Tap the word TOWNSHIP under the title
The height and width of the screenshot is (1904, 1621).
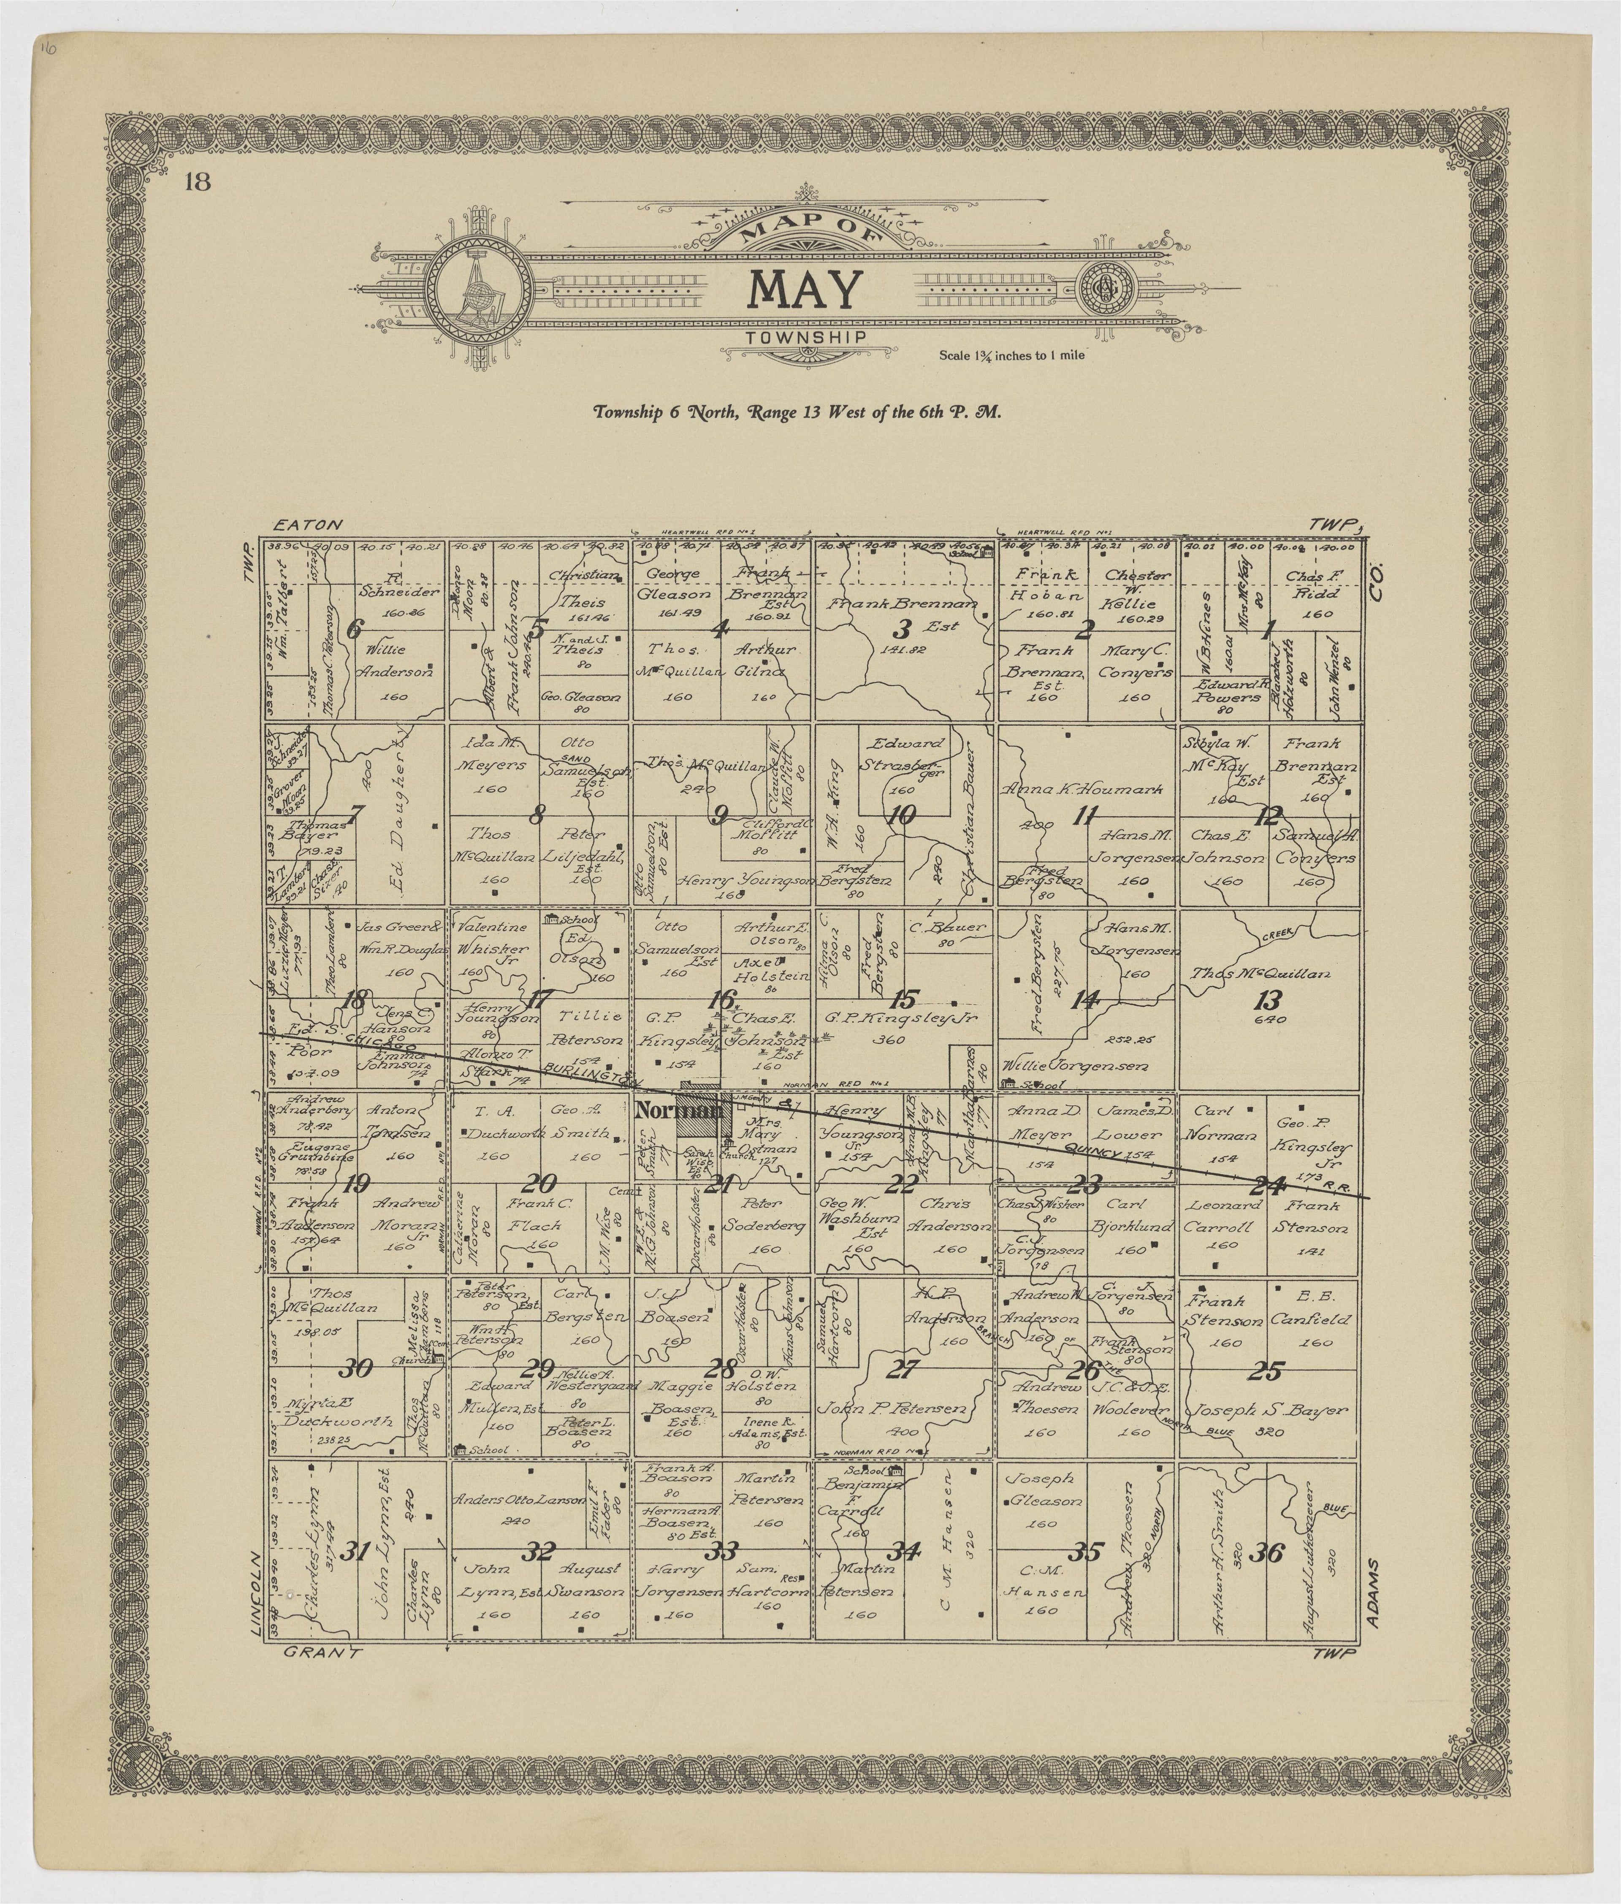(x=806, y=338)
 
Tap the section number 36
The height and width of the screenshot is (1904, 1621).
(x=1268, y=1553)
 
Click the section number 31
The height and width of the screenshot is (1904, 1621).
(x=355, y=1553)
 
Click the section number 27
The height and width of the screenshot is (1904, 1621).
(x=902, y=1369)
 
